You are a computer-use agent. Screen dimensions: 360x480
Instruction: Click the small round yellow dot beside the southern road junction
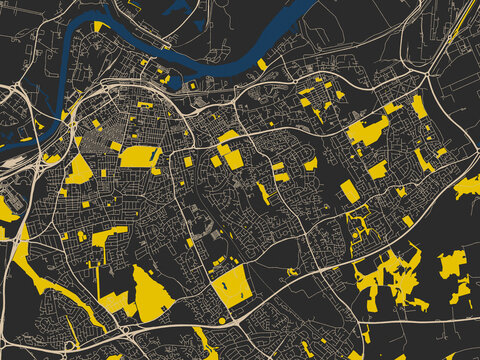pos(221,320)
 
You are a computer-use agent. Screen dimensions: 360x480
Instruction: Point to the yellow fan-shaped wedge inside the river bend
pos(99,26)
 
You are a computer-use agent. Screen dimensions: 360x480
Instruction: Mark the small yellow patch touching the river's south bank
pos(262,64)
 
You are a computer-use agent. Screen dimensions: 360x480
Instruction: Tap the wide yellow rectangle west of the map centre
pos(140,156)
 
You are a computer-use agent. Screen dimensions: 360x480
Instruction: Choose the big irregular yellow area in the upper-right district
pos(368,131)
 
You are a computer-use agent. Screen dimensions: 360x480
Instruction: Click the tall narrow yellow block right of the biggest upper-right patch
pos(419,106)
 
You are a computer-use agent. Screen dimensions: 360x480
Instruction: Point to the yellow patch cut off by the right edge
pos(468,186)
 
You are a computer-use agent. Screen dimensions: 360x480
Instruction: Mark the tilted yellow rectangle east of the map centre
pos(349,190)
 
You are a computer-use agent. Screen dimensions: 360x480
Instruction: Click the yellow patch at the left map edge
pos(8,210)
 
